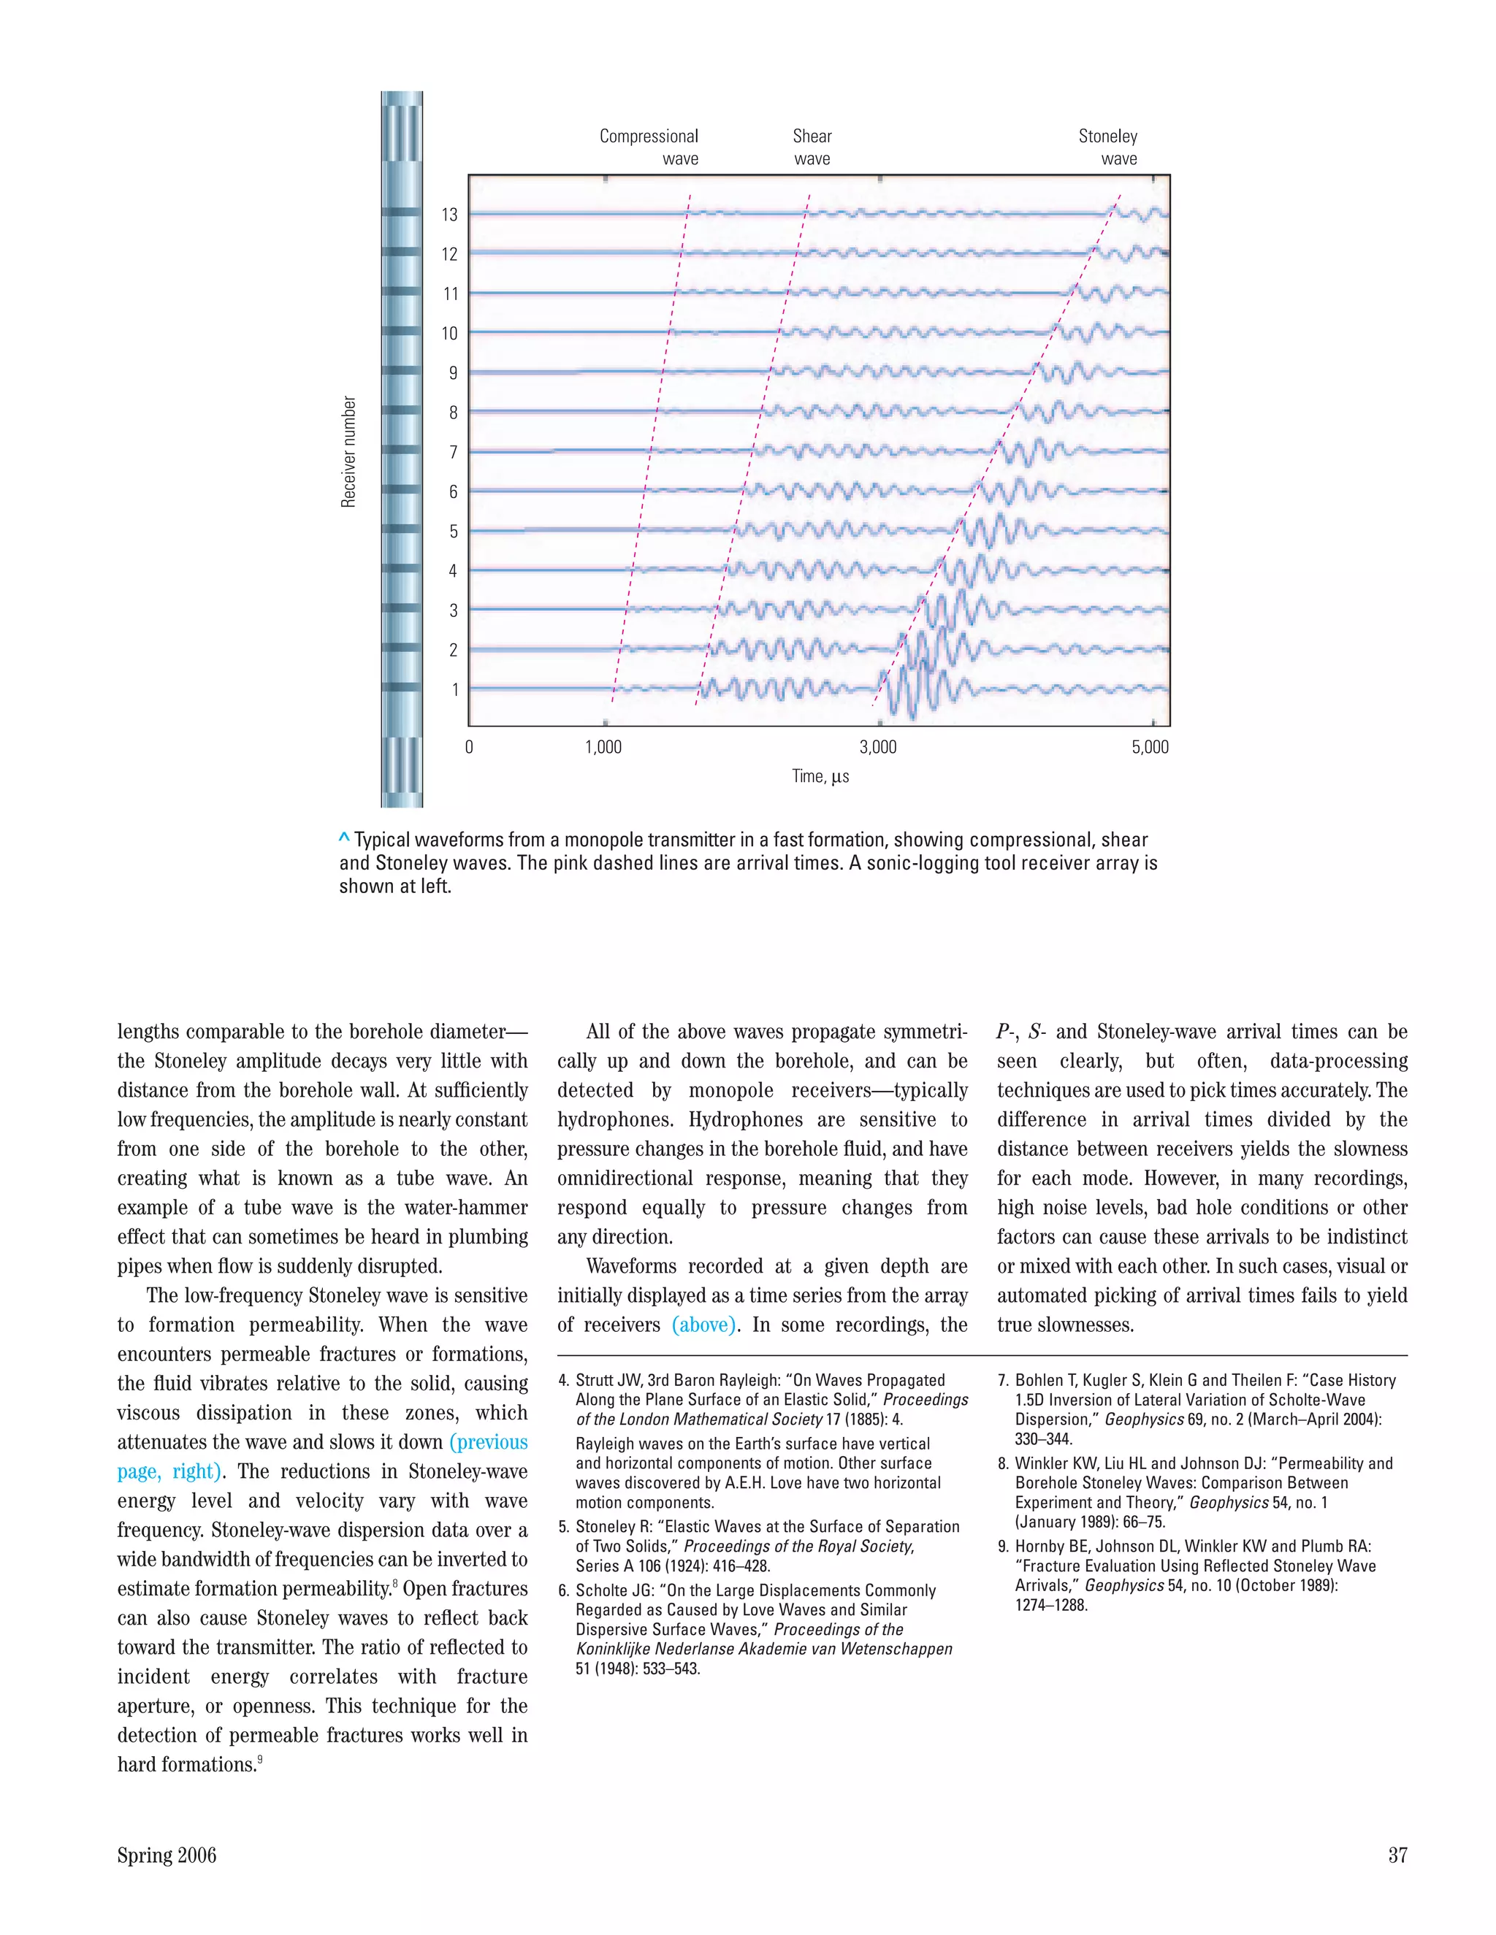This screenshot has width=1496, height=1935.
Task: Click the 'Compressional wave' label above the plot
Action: pos(649,147)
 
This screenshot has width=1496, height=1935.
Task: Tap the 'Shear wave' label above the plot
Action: pos(812,147)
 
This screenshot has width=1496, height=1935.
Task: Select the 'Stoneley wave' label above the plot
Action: pos(1108,147)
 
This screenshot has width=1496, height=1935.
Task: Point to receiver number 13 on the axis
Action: pos(450,215)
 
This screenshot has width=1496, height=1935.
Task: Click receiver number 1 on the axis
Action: pos(454,689)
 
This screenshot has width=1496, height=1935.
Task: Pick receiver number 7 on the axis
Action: pos(453,452)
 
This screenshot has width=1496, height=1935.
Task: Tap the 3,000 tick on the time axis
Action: pos(878,747)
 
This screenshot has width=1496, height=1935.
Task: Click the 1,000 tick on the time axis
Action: pos(603,747)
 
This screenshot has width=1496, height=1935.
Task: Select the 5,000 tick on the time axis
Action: pos(1150,747)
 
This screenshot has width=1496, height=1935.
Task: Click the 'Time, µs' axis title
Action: pos(820,776)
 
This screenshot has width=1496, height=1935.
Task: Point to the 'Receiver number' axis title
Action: pos(348,452)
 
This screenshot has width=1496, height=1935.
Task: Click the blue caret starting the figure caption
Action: pos(344,838)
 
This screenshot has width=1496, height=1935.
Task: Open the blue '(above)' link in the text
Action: pos(703,1325)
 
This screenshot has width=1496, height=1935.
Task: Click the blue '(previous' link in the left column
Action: pos(489,1441)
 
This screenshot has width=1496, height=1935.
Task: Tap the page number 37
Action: pos(1397,1855)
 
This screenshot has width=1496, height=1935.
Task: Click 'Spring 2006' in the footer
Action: pos(167,1855)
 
